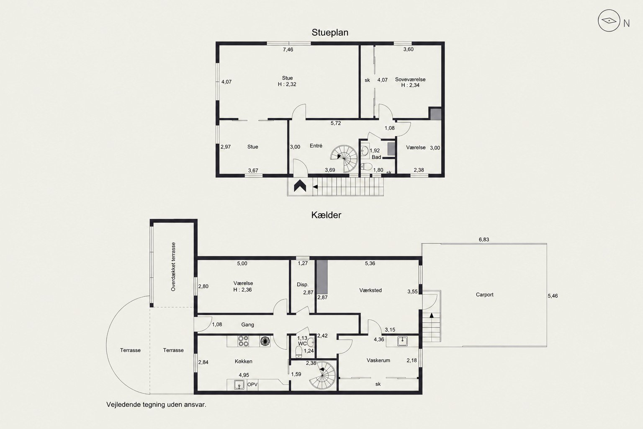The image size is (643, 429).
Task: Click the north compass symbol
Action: coord(609,21)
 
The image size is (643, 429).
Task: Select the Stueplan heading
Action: coord(330,33)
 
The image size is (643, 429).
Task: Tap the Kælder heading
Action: coord(326,215)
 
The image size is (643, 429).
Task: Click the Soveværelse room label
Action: coord(410,79)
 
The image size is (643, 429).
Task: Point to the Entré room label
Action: coord(316,146)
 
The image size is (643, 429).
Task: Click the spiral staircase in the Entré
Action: coord(344,158)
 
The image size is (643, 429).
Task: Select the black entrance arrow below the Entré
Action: coord(300,186)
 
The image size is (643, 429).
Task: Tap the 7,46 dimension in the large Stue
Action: coord(288,49)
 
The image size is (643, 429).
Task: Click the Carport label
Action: coord(484,295)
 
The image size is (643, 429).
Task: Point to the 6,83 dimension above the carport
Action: coord(484,239)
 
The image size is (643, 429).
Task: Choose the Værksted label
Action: coord(370,290)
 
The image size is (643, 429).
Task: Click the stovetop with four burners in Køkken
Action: coord(243,341)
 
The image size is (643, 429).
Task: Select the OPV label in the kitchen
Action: coord(252,385)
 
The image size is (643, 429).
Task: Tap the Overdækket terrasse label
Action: coord(173,266)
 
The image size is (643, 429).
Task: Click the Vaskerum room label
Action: coord(378,360)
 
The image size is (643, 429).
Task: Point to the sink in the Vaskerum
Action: coord(402,341)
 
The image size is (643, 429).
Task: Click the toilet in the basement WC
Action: coord(299,352)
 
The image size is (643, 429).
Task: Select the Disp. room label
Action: coord(303,284)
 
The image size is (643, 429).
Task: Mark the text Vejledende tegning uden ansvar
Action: coord(156,405)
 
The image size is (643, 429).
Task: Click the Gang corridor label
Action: coord(247,325)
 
